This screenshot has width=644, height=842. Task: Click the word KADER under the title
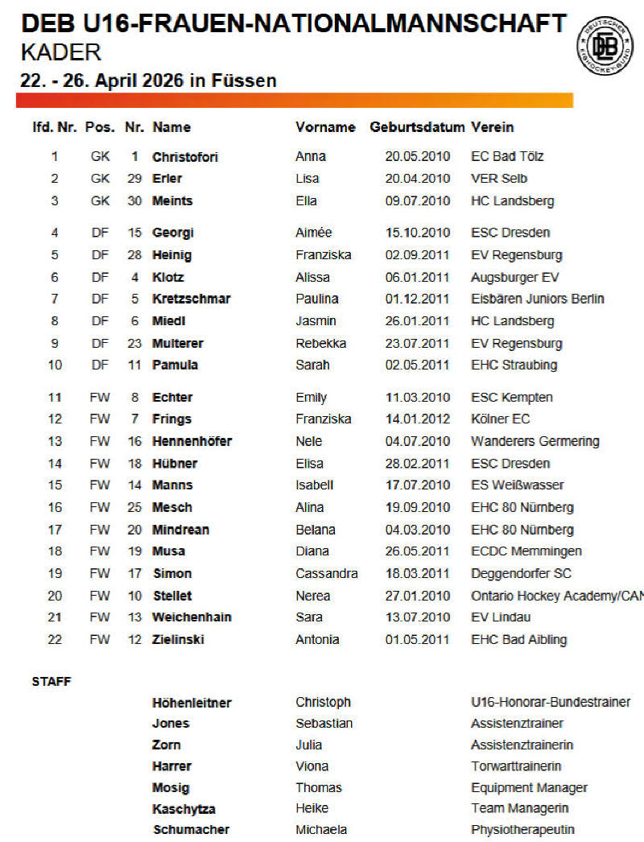[61, 54]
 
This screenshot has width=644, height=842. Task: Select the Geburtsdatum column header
[417, 127]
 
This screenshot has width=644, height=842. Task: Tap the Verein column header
[492, 127]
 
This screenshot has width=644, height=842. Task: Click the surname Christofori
[185, 157]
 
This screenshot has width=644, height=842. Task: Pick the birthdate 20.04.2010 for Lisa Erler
[417, 179]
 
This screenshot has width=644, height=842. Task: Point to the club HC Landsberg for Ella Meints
[512, 201]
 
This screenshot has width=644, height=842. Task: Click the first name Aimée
[313, 233]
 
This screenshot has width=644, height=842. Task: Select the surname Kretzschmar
[192, 299]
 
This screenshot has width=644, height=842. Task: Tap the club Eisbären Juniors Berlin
[537, 299]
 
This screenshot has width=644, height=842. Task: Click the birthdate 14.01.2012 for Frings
[417, 419]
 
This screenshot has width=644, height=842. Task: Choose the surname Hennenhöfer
[192, 442]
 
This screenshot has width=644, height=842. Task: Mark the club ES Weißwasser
[517, 485]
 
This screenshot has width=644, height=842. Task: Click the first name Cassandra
[326, 574]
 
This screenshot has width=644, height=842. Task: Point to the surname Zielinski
[178, 640]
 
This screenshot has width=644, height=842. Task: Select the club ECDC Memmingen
[526, 552]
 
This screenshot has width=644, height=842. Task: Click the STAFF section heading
[52, 682]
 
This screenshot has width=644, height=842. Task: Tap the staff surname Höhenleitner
[192, 704]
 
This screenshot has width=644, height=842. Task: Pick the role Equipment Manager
[529, 788]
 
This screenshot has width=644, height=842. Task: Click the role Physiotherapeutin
[522, 830]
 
